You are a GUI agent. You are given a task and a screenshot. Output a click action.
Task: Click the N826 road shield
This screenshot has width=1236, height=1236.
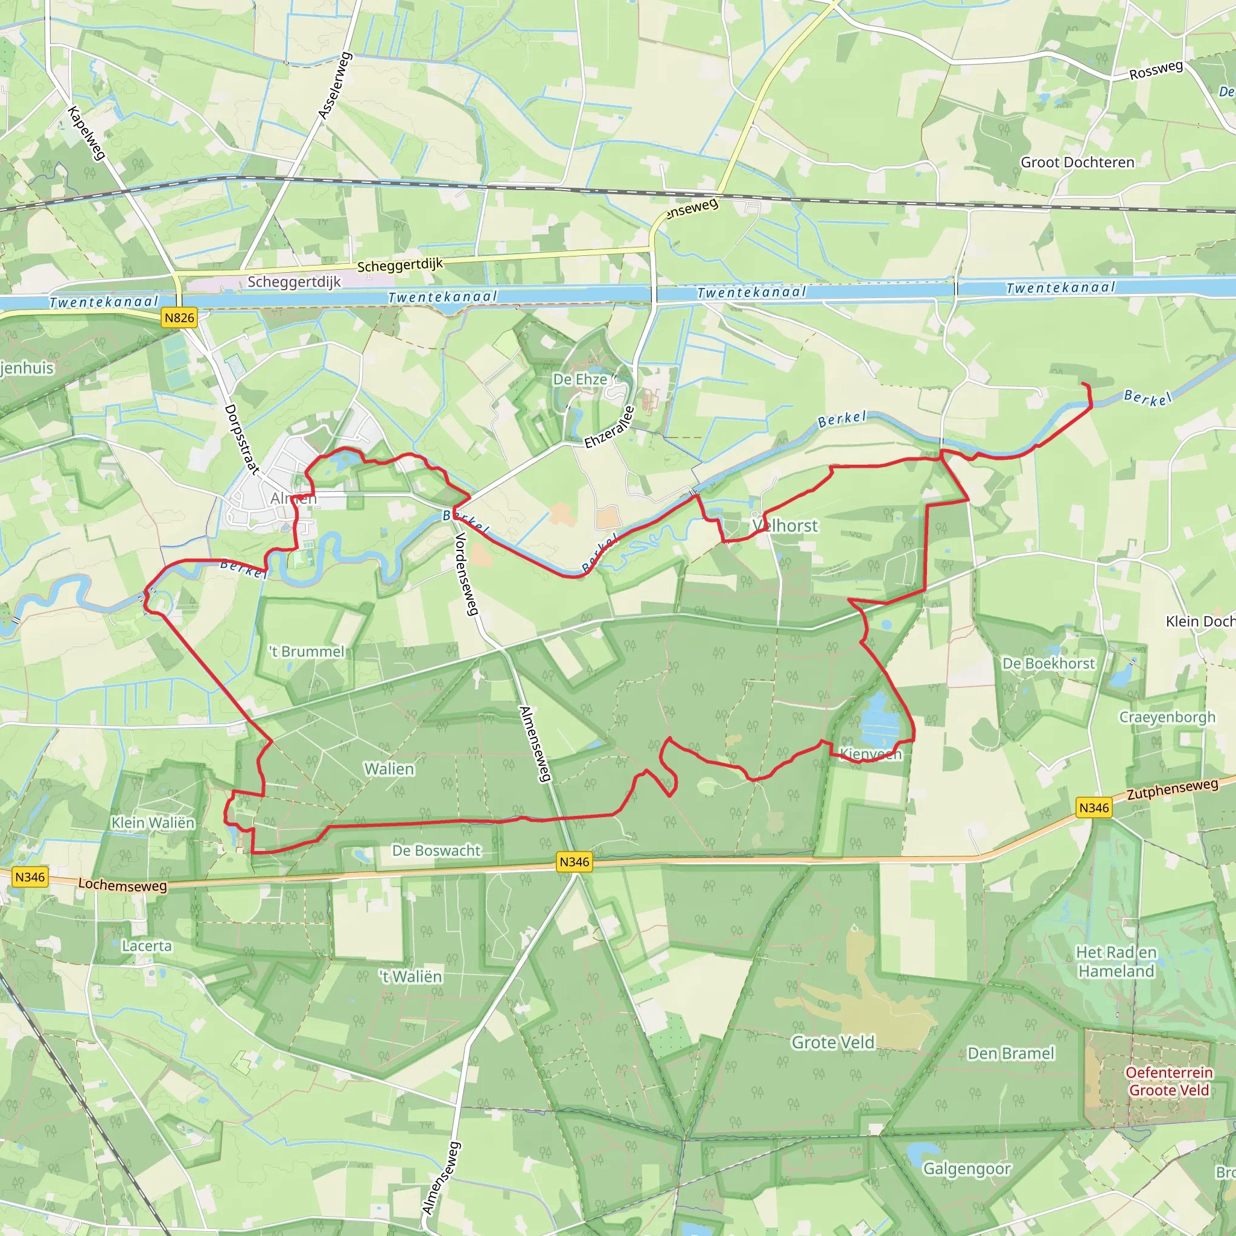(179, 318)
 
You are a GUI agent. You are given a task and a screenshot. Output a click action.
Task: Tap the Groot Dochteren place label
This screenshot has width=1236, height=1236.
(1077, 162)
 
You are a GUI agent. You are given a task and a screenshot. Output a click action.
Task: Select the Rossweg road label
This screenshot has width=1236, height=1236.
(1156, 71)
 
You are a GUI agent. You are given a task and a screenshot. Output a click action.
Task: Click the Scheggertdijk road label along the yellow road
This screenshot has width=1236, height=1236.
(400, 265)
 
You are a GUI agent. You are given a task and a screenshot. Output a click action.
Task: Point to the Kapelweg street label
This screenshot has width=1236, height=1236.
(86, 133)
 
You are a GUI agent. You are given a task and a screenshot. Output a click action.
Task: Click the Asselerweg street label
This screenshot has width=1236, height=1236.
(335, 86)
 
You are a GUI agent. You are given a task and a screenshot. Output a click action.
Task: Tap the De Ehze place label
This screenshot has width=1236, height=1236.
(579, 380)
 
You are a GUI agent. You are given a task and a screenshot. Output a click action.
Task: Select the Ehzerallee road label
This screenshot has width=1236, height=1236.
(609, 427)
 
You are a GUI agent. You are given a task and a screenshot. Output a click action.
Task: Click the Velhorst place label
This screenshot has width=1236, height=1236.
(785, 526)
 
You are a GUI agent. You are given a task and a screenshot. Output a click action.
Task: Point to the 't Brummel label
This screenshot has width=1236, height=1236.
(307, 651)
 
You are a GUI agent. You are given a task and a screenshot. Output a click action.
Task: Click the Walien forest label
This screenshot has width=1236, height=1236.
(389, 768)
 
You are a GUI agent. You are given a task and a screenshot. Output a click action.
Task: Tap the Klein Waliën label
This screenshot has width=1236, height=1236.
(153, 823)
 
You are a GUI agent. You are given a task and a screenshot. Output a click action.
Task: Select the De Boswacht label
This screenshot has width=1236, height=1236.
(436, 850)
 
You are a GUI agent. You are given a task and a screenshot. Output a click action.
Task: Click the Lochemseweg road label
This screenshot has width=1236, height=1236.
(122, 885)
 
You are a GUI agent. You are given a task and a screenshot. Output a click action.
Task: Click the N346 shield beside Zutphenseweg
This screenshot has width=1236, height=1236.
(1094, 808)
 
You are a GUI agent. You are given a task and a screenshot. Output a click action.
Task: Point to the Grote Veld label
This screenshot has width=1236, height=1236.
(833, 1043)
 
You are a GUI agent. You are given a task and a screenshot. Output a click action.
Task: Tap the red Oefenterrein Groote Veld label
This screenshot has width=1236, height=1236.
(1169, 1081)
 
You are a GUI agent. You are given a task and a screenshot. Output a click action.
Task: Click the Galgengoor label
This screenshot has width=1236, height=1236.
(967, 1169)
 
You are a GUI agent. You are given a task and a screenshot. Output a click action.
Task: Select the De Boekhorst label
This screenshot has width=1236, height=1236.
(1048, 663)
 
